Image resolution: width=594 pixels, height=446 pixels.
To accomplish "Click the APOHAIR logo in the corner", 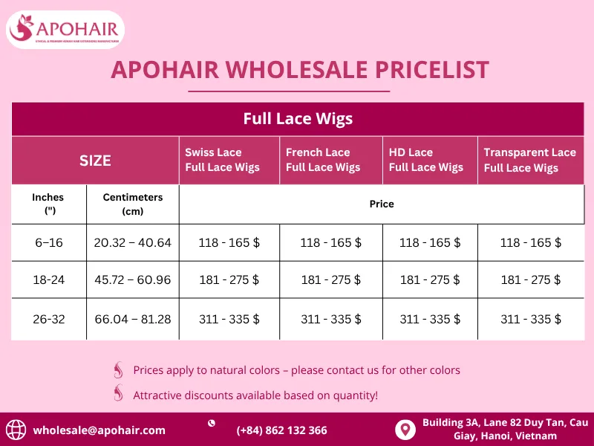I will click(x=65, y=30).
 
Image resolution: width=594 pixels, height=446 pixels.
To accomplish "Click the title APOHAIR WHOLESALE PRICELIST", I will click(x=299, y=70).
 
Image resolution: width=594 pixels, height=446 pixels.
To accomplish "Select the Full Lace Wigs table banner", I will click(x=297, y=119).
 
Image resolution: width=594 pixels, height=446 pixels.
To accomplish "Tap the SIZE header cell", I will click(x=95, y=160).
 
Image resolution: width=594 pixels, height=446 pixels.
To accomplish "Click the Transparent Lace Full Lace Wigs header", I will click(x=529, y=160).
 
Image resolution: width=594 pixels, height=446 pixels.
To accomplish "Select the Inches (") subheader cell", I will click(x=48, y=204).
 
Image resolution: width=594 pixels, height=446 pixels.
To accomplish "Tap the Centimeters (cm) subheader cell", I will click(x=132, y=204).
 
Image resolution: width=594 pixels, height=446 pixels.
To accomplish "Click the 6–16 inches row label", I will click(x=48, y=242).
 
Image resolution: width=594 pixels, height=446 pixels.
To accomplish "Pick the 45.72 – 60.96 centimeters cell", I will click(x=132, y=280).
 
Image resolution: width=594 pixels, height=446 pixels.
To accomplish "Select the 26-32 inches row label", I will click(x=48, y=319).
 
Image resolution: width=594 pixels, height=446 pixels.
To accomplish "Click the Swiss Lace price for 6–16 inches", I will click(x=229, y=242).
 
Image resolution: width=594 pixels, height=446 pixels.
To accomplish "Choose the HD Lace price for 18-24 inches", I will click(x=430, y=280).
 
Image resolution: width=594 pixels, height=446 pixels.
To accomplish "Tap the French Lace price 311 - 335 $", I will click(x=330, y=319).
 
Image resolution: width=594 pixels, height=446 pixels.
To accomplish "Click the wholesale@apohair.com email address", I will click(x=99, y=430).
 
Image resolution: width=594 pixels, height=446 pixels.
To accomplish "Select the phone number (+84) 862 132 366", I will click(x=281, y=430).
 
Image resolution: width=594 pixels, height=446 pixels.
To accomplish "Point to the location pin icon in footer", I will click(x=405, y=430).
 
